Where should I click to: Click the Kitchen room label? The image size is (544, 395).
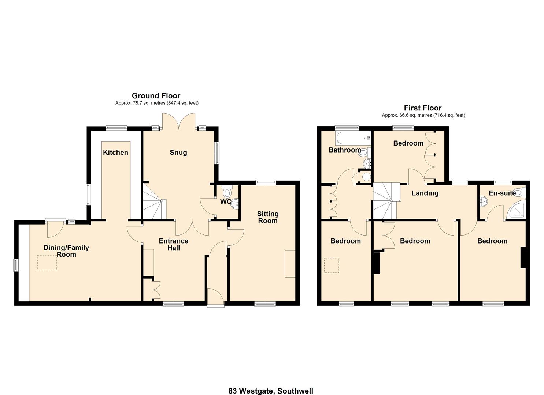click(x=115, y=153)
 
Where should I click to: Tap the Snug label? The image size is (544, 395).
click(x=178, y=153)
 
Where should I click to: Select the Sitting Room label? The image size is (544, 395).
click(x=268, y=217)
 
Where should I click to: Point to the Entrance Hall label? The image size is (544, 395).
click(x=174, y=244)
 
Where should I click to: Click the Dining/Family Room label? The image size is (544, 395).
click(x=66, y=251)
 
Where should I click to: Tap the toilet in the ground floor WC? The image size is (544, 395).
click(x=227, y=192)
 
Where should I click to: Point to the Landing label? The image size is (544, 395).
click(x=425, y=193)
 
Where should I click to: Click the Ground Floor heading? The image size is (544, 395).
click(x=156, y=96)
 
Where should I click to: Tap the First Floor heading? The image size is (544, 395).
click(x=422, y=108)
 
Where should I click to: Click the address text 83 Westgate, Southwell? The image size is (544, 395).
click(x=271, y=391)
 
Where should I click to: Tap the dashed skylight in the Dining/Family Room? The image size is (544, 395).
click(x=47, y=262)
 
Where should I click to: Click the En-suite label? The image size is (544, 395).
click(x=502, y=193)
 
